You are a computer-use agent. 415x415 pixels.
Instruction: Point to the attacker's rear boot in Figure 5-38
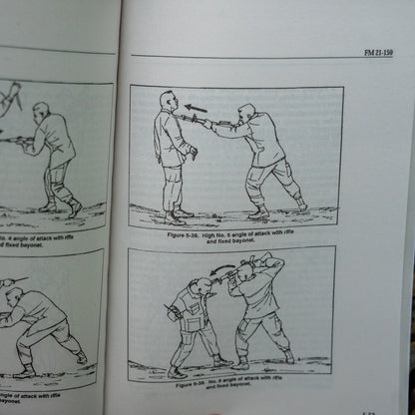[300, 204]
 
